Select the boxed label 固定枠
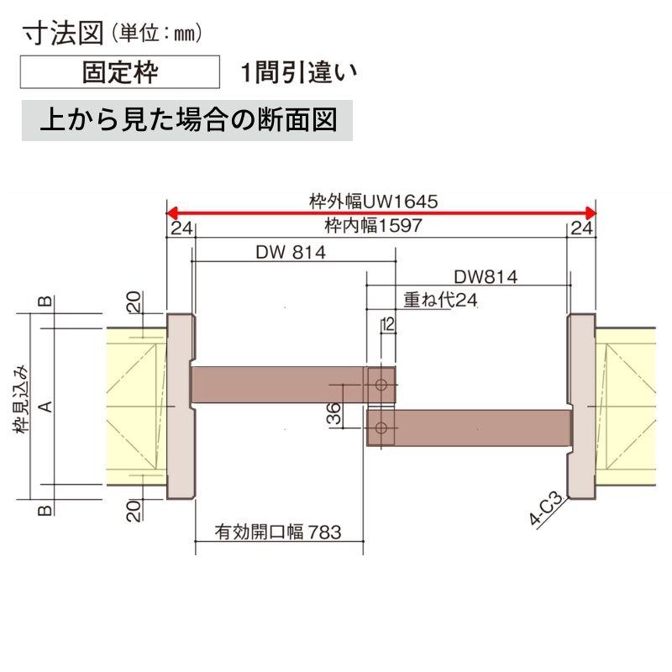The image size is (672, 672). (x=118, y=73)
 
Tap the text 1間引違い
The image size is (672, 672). (x=297, y=73)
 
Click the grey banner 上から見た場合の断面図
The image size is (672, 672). (x=187, y=120)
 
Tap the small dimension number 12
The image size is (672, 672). (x=387, y=323)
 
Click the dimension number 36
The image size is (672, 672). (x=333, y=413)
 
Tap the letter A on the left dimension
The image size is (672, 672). (x=47, y=407)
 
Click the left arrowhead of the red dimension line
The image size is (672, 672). (x=171, y=212)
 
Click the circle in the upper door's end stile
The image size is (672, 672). (x=381, y=386)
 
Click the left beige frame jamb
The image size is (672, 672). (x=180, y=407)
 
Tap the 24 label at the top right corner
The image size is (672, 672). (x=581, y=228)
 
